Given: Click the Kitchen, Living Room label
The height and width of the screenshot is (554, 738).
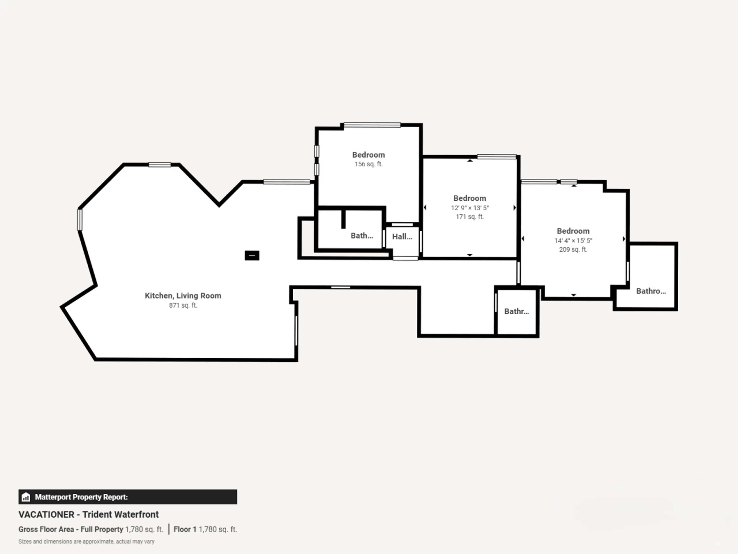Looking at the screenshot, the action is (183, 295).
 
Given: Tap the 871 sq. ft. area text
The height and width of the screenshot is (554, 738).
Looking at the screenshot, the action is (183, 305).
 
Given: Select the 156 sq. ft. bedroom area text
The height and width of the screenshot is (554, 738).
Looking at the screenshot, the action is (368, 164).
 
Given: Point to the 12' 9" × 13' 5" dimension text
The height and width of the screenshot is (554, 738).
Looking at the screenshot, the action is (470, 208).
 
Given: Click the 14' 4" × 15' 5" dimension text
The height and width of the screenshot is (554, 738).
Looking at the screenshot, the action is (573, 240).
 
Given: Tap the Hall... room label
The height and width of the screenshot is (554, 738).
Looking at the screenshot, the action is (402, 236).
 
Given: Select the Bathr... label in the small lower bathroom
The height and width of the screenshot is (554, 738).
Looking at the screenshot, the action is (516, 311).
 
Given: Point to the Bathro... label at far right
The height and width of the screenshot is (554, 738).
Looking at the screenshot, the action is (651, 291).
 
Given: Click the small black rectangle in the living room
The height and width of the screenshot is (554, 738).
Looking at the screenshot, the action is (252, 255).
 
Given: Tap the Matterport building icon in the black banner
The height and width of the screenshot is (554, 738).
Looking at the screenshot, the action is (26, 497).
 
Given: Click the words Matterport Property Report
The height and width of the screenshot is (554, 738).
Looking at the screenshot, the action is (81, 497).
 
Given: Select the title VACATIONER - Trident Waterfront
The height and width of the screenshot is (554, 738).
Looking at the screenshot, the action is (88, 514).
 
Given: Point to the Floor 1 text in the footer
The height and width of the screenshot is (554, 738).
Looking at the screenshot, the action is (185, 529).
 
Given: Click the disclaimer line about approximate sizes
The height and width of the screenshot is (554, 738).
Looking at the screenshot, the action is (86, 541).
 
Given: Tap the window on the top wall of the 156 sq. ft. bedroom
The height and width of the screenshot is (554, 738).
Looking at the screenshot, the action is (372, 125).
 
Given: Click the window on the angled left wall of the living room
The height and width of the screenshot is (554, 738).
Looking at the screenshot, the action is (80, 219).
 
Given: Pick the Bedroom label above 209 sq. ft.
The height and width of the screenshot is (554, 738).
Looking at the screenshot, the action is (573, 231).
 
